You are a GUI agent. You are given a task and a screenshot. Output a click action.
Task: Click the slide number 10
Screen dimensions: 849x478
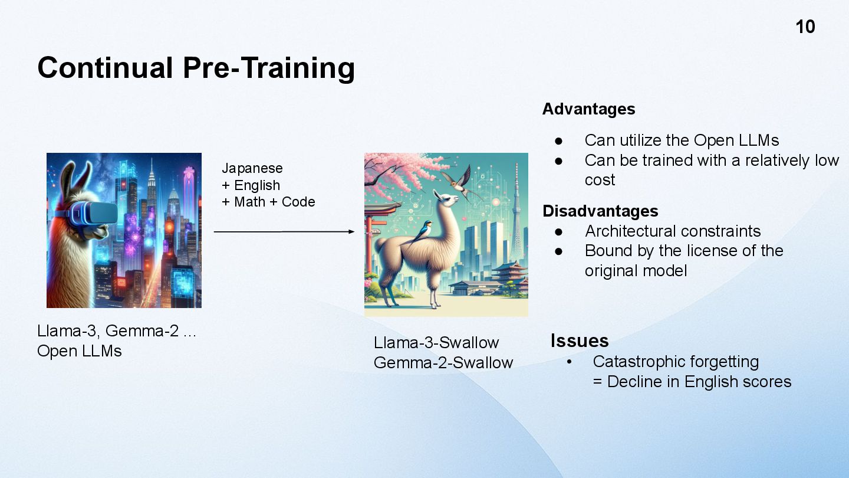pos(805,27)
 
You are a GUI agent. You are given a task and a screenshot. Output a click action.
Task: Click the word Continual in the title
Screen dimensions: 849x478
pos(106,68)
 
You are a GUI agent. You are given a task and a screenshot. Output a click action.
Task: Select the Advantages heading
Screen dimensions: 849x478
pos(588,109)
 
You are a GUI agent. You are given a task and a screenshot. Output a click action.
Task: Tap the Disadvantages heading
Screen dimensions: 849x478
pos(600,211)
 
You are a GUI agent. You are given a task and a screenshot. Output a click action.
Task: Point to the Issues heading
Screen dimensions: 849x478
pos(580,341)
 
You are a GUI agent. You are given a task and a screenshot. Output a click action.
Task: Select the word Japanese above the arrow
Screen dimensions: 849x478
pos(252,168)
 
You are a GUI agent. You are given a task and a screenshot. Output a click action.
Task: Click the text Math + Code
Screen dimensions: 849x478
pos(274,202)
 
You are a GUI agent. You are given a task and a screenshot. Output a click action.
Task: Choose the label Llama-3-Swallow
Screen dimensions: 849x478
pos(436,342)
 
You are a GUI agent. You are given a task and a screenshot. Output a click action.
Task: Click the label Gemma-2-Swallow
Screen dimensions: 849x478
pos(443,363)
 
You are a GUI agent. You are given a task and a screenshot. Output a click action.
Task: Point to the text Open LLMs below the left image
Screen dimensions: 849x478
pos(80,351)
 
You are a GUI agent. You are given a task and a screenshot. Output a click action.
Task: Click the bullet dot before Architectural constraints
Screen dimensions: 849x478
pos(558,232)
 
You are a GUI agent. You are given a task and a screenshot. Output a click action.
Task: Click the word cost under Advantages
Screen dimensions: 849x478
pos(600,180)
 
